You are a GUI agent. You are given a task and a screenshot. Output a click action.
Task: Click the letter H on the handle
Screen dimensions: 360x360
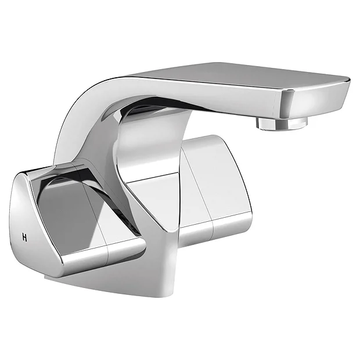click(24, 236)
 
